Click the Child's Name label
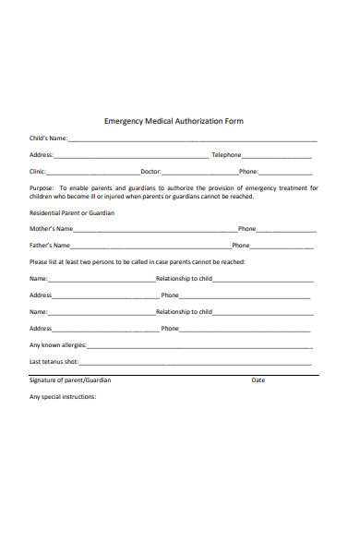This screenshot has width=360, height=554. click(x=48, y=138)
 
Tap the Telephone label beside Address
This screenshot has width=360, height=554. click(x=226, y=155)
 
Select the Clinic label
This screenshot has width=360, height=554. click(x=38, y=172)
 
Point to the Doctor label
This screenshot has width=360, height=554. click(x=150, y=172)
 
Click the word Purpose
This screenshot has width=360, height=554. click(x=43, y=188)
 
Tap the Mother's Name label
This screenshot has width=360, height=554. click(x=52, y=229)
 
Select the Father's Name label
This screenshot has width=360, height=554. click(x=50, y=246)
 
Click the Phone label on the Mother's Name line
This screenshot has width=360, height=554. click(x=247, y=229)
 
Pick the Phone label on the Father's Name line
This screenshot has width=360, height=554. click(x=241, y=246)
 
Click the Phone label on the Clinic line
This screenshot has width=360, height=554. click(x=248, y=172)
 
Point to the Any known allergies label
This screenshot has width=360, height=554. click(x=58, y=345)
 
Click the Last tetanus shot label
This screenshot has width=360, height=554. click(x=54, y=362)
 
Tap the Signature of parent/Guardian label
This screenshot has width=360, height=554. click(x=70, y=380)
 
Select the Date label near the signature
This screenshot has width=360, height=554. click(x=258, y=380)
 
